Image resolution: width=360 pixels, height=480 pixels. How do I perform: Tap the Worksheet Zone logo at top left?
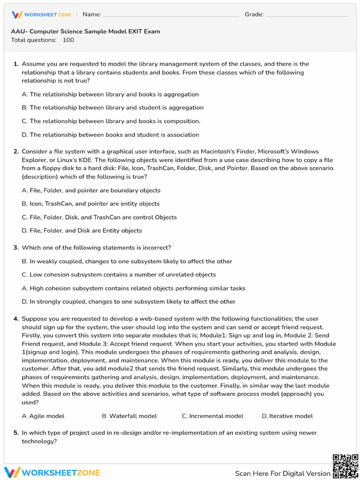click(42, 15)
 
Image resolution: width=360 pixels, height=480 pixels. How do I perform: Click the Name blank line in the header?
click(171, 15)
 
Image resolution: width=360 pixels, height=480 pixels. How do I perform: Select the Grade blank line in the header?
click(307, 15)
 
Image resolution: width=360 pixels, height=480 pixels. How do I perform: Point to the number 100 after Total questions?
click(68, 40)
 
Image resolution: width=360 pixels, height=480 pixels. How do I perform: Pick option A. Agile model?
click(43, 416)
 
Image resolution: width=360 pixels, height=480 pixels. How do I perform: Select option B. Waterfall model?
click(129, 416)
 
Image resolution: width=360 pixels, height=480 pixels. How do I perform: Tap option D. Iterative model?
click(287, 416)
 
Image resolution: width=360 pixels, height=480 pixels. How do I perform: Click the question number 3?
click(16, 248)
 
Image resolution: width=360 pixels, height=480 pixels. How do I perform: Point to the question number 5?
click(16, 433)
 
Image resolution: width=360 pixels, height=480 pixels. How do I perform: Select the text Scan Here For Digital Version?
click(283, 473)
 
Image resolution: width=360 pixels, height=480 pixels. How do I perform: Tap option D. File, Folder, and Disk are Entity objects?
click(82, 231)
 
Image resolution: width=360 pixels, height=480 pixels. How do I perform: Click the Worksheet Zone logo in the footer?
click(52, 472)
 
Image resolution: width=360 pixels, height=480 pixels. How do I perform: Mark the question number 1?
click(16, 64)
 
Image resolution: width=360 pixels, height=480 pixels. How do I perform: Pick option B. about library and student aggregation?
click(112, 108)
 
